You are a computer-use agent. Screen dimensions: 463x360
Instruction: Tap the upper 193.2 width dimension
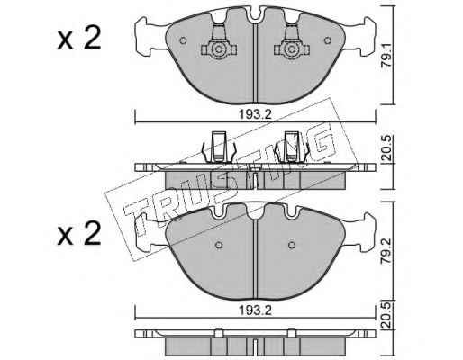point(255,114)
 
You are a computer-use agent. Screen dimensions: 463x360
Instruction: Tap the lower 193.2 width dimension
point(255,310)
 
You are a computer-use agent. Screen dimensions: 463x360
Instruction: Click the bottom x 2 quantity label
point(79,234)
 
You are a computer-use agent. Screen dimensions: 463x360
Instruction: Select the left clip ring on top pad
point(219,49)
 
